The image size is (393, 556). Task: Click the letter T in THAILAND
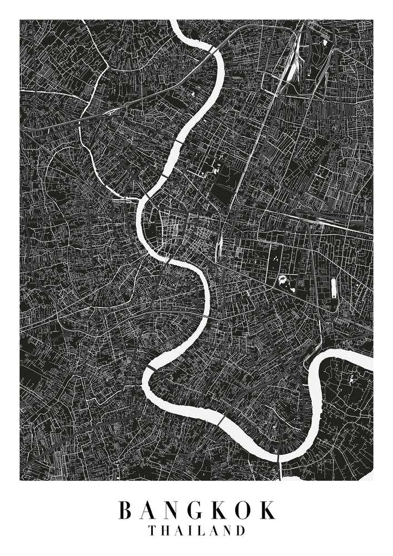click(152, 530)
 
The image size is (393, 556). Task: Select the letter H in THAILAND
click(166, 530)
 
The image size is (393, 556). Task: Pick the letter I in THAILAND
click(192, 530)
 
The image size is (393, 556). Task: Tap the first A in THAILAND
click(180, 530)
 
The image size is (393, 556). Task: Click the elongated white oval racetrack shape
click(334, 287)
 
